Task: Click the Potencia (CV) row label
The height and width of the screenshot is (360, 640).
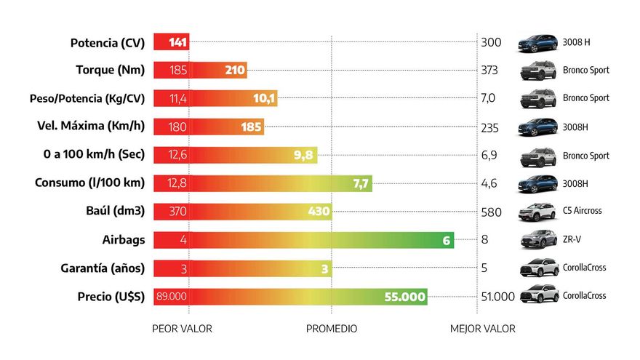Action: point(108,42)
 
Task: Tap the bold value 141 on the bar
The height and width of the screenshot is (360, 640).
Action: point(178,42)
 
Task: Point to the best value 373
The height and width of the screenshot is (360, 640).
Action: point(491,71)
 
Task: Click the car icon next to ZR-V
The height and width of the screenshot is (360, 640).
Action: point(539,239)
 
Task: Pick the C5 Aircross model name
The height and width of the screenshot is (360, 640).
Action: point(582,211)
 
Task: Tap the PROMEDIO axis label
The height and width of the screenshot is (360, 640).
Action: point(332,329)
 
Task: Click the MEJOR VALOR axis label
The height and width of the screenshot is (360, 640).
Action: point(483,329)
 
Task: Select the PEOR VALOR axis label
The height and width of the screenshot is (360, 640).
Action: point(182,329)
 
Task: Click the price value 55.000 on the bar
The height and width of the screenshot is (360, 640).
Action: point(405,296)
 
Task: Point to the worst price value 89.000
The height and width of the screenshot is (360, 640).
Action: point(172,296)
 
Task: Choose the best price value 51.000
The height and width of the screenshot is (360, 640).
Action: point(497,296)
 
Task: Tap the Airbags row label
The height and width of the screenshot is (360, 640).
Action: point(123,239)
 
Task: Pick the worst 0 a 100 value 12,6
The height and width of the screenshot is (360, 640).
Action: point(177,155)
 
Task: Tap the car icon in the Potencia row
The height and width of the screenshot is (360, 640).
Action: point(539,42)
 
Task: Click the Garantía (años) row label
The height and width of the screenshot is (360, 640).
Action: point(103,268)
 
